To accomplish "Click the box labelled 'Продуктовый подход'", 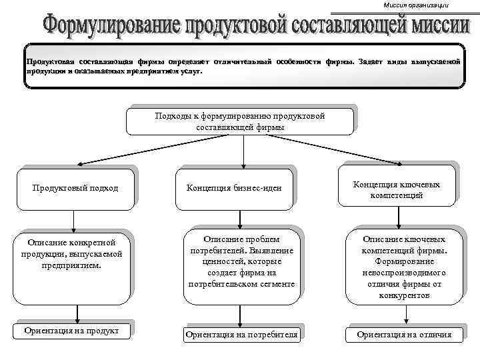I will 75,188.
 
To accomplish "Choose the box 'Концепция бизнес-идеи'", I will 240,188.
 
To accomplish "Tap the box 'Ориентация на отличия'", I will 404,334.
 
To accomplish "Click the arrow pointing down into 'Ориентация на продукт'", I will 79,313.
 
